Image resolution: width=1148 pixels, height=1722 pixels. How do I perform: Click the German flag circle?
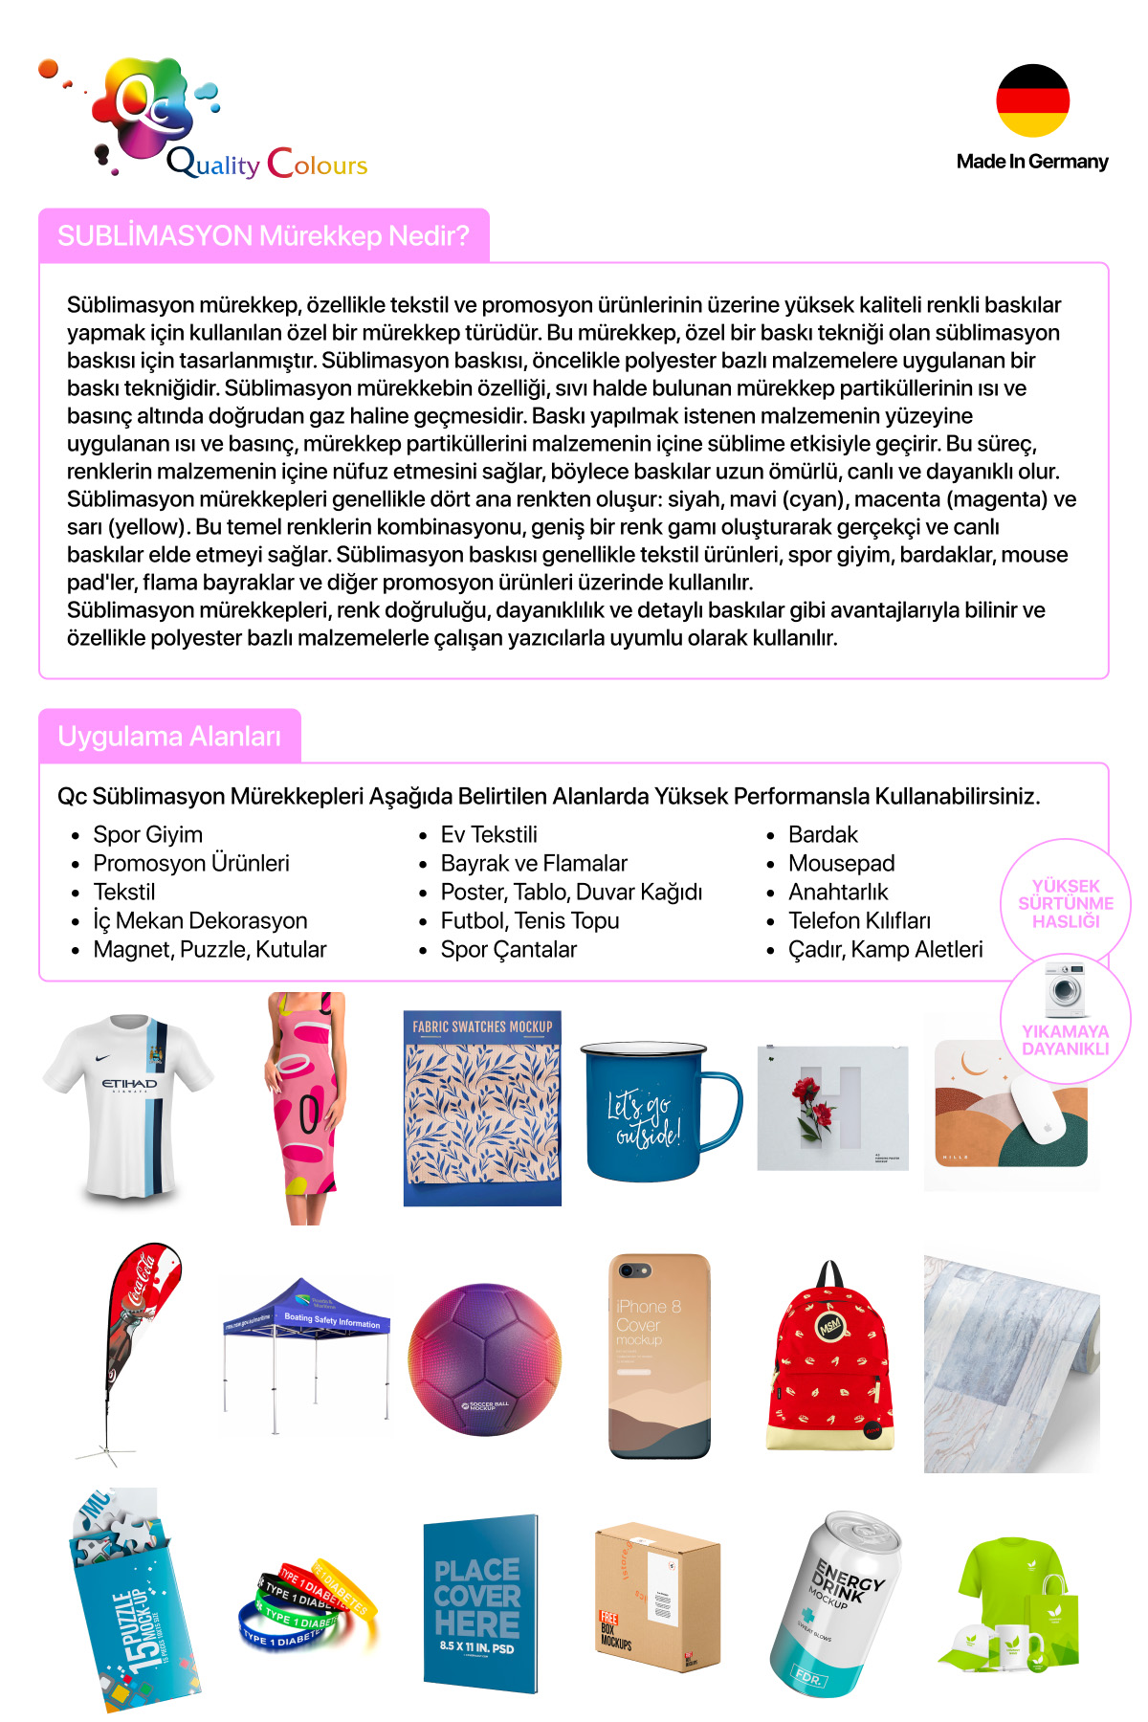[x=1032, y=100]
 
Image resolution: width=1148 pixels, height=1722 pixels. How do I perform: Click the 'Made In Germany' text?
[x=1032, y=162]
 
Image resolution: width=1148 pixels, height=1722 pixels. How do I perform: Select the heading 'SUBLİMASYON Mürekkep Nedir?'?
[x=263, y=235]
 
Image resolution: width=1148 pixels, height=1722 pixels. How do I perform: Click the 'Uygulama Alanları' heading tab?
[x=169, y=737]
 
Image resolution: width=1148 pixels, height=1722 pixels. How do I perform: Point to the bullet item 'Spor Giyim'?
[x=147, y=834]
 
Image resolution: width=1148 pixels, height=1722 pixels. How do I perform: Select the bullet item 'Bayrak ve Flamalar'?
[x=533, y=863]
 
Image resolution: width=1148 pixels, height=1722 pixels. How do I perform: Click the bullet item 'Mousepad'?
[x=841, y=863]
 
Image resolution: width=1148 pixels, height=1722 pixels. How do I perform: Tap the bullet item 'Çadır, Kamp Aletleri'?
[x=885, y=949]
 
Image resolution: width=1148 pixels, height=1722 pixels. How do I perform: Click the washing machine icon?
[x=1065, y=990]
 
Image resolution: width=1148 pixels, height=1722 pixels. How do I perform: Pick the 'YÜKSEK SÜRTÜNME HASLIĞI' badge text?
[x=1066, y=903]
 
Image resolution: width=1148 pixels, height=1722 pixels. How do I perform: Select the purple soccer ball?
[x=484, y=1359]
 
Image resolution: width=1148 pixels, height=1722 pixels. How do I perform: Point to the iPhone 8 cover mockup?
[x=659, y=1357]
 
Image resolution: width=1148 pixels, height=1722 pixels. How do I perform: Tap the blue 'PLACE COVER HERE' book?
[x=479, y=1603]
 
